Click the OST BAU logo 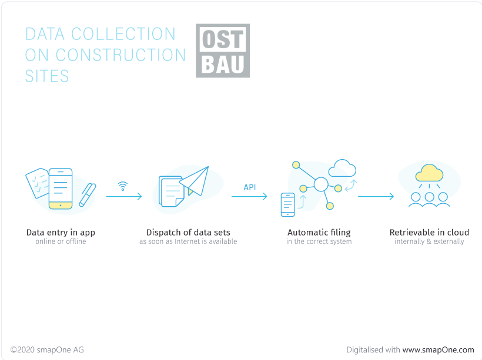pos(223,51)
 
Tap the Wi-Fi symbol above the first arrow pos(123,186)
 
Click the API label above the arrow pos(250,187)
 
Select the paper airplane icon pos(195,181)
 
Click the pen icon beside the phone pos(88,195)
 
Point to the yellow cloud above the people pos(429,173)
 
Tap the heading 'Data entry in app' pos(61,233)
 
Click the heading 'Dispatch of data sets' pos(188,232)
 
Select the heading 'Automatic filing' pos(319,233)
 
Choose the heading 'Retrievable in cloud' pos(429,232)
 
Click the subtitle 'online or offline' pos(61,241)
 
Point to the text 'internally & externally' pos(429,241)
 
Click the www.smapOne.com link pos(438,350)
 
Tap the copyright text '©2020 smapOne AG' pos(46,350)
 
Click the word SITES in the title pos(46,76)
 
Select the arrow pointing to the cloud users pos(376,196)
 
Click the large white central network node pos(321,184)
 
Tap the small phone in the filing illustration pos(287,204)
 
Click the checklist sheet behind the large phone pos(38,183)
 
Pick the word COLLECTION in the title pos(123,34)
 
